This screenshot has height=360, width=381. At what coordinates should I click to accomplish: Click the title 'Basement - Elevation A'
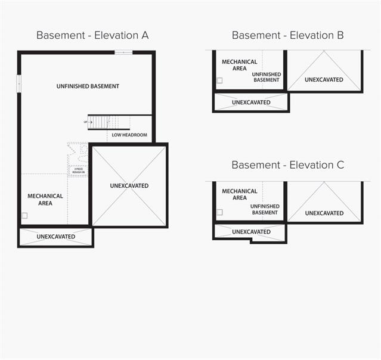click(x=92, y=35)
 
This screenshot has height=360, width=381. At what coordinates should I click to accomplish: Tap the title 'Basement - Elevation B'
click(x=287, y=35)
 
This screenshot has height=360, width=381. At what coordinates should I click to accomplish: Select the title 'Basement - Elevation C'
click(x=287, y=165)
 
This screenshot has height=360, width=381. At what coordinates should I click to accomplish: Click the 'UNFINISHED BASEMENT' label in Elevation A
click(x=88, y=86)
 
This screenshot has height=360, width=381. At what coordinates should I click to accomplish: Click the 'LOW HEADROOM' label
click(x=129, y=135)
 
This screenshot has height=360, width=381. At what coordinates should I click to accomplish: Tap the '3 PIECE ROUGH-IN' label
click(x=79, y=170)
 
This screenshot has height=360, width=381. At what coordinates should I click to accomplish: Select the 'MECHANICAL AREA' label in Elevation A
click(x=45, y=200)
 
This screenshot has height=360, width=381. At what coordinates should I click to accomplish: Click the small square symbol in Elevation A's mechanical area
click(x=24, y=216)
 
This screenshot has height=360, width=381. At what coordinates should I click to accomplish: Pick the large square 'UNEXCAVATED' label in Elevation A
click(x=129, y=186)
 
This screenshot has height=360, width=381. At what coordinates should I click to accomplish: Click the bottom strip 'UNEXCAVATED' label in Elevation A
click(x=56, y=237)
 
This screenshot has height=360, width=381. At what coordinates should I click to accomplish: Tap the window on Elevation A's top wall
click(x=123, y=52)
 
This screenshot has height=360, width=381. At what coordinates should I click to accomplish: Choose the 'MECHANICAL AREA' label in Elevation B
click(x=240, y=65)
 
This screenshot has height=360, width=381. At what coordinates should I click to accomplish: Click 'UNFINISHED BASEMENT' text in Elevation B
click(x=267, y=77)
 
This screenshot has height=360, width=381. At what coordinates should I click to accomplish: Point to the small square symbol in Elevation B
click(x=219, y=80)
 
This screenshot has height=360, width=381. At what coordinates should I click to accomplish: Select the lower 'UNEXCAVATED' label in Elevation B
click(x=251, y=103)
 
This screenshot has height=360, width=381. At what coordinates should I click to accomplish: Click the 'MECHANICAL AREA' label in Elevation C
click(x=240, y=194)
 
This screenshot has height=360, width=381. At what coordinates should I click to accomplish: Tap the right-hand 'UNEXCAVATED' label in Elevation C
click(x=324, y=213)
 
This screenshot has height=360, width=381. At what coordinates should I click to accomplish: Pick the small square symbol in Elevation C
click(x=219, y=212)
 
